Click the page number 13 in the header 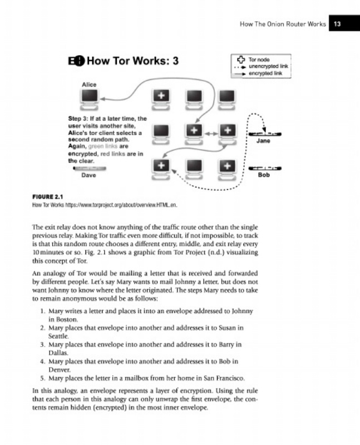coord(337,24)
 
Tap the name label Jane coord(263,142)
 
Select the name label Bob coord(264,175)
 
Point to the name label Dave coord(88,175)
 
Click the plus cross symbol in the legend coord(240,59)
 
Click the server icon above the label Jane coord(264,134)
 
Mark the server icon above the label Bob coord(264,167)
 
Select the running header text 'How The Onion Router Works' coord(282,24)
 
